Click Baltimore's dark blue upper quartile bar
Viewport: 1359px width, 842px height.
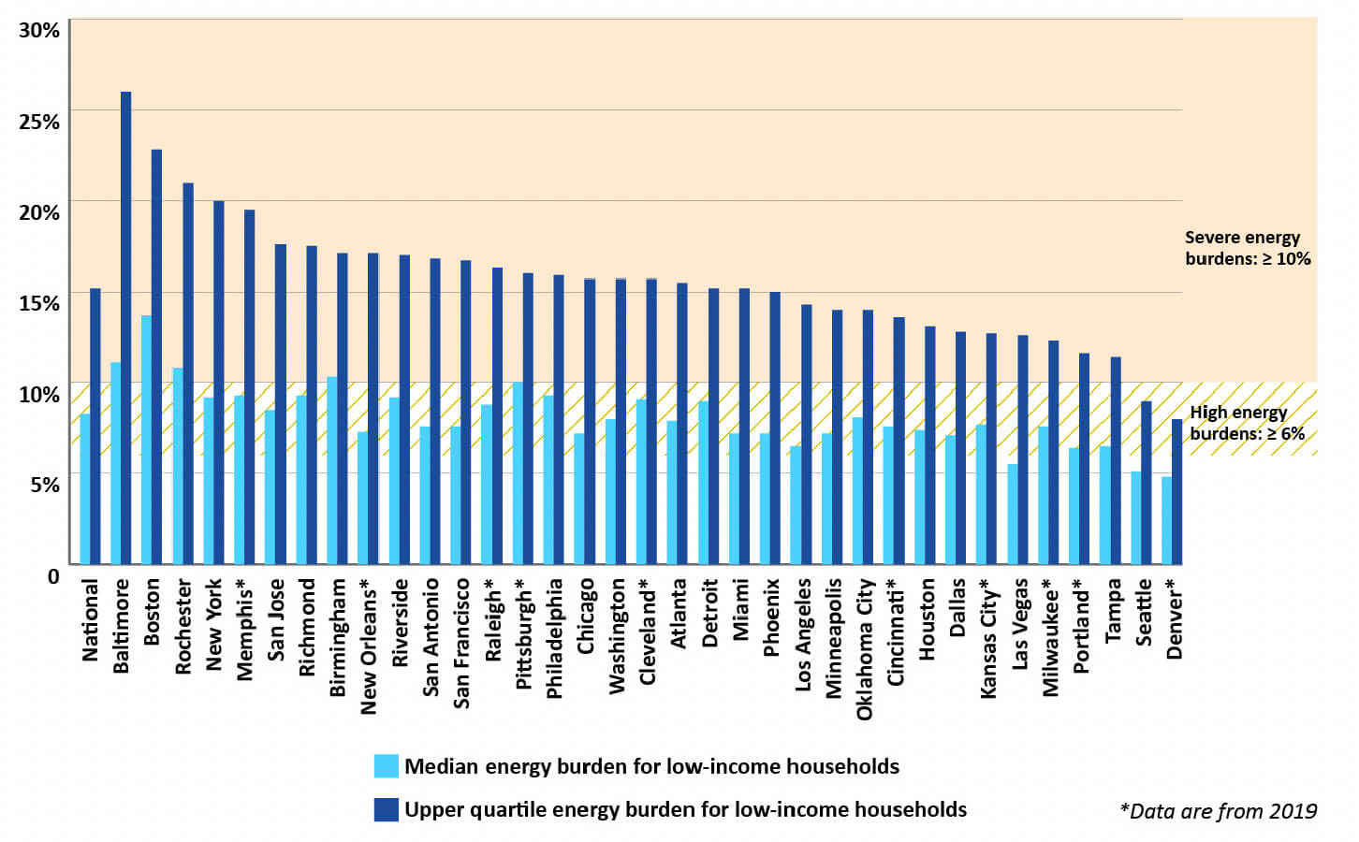[125, 327]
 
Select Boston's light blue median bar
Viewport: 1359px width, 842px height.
[146, 440]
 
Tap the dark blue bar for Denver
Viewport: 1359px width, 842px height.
[1176, 492]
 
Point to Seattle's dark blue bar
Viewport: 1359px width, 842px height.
[1146, 483]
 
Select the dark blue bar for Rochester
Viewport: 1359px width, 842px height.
[187, 373]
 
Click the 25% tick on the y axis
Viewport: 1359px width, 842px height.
[39, 122]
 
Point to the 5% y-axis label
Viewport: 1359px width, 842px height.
[44, 485]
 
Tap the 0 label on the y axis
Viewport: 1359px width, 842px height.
[53, 576]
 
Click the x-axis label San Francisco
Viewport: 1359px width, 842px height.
[461, 643]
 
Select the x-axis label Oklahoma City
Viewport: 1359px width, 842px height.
[864, 649]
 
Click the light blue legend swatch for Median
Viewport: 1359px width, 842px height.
[386, 766]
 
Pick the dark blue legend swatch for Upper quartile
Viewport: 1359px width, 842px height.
[386, 809]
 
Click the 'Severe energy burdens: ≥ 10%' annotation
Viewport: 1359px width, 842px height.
[1247, 248]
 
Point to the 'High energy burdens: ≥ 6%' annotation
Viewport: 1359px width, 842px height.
[1247, 423]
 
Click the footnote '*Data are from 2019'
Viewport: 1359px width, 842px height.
[1218, 811]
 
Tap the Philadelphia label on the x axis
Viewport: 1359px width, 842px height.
[554, 638]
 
